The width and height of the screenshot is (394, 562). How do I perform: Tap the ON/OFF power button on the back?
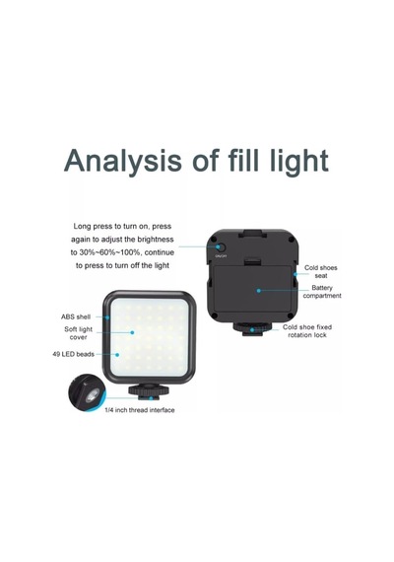221,247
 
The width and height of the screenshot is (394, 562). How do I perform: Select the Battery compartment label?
322,292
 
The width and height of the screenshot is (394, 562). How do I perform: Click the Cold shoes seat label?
320,272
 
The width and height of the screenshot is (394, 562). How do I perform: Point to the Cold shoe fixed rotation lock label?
307,331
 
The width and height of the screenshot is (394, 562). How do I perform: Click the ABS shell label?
76,316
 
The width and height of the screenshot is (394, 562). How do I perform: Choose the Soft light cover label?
78,333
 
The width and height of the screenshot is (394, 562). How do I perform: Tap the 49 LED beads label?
74,354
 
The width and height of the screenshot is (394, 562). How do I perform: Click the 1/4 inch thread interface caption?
140,410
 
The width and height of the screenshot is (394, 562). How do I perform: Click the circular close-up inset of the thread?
87,393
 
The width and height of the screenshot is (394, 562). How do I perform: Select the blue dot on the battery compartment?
259,290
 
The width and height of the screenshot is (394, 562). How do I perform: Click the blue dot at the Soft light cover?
132,332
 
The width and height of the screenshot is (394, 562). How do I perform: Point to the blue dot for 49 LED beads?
117,355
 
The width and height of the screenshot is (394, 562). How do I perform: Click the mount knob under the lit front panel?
146,391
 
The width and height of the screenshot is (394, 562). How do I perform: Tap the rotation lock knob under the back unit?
252,329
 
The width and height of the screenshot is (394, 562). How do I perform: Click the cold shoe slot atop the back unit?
254,235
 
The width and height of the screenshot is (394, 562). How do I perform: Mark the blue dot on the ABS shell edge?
107,317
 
